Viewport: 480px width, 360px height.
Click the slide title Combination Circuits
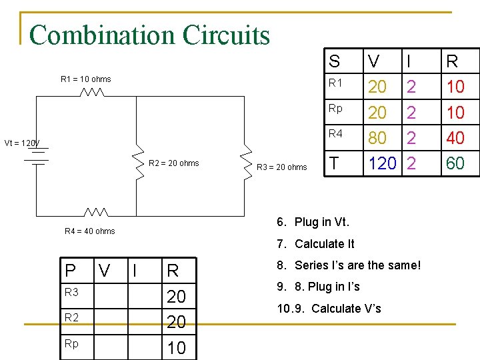pyautogui.click(x=149, y=35)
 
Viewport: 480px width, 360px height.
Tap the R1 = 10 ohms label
pyautogui.click(x=85, y=79)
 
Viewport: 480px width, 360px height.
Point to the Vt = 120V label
pyautogui.click(x=22, y=143)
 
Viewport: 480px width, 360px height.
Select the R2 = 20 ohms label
pyautogui.click(x=173, y=163)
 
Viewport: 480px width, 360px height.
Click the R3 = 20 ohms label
pyautogui.click(x=282, y=167)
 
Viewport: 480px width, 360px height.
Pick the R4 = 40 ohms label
pyautogui.click(x=89, y=231)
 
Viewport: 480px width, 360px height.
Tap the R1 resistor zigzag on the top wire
pyautogui.click(x=91, y=93)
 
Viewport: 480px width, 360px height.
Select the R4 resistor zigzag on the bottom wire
pyautogui.click(x=96, y=211)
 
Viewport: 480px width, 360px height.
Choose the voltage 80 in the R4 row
pyautogui.click(x=377, y=138)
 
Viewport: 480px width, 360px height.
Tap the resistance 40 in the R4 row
pyautogui.click(x=455, y=138)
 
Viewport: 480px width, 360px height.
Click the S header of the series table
pyautogui.click(x=335, y=62)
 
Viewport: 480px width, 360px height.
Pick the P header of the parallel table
pyautogui.click(x=70, y=270)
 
